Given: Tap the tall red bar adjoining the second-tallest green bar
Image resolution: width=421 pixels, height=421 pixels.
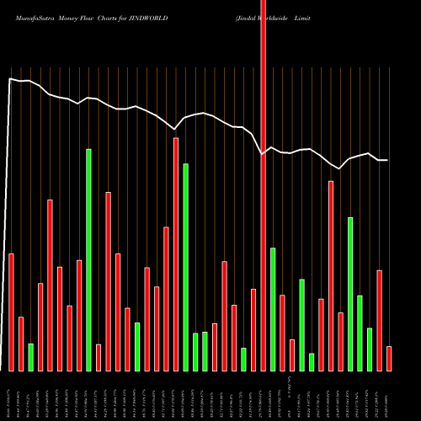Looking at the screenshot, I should coord(176,254).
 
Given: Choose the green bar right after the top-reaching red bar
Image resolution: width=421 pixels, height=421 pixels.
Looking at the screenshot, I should coord(273,309).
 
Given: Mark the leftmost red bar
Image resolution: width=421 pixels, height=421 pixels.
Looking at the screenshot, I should coord(11,312).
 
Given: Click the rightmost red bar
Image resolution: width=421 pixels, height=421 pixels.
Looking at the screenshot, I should coord(389,358).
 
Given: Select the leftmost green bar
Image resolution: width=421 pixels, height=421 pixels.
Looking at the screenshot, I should coord(30,357).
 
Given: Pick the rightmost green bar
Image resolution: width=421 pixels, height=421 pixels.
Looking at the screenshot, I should coord(370,349).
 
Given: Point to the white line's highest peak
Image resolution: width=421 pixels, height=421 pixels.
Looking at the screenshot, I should coord(10,79).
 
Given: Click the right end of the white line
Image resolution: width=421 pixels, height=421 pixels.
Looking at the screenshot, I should coord(387,160).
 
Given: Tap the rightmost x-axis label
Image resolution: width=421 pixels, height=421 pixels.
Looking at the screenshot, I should coord(388,396).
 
